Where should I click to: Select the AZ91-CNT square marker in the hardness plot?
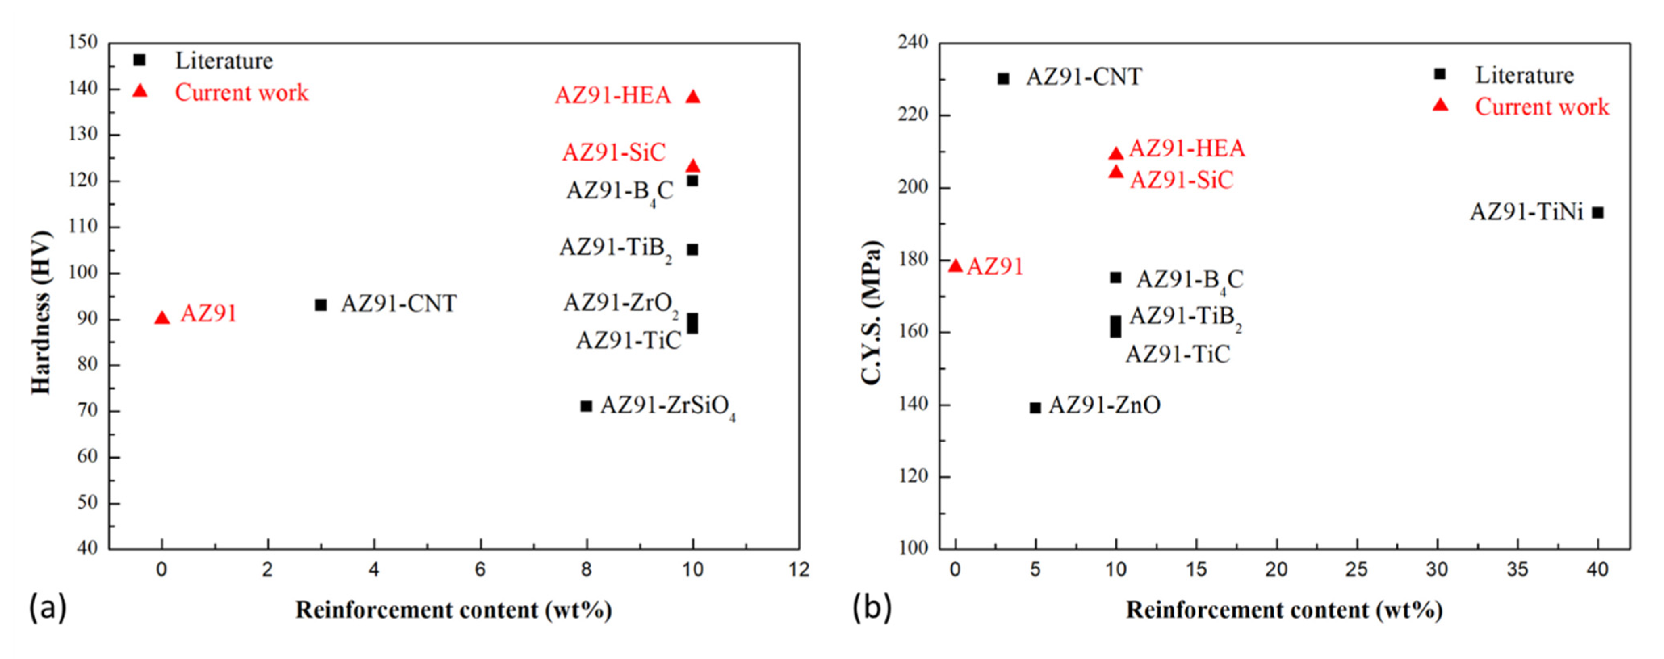(321, 304)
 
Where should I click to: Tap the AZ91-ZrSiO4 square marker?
(586, 406)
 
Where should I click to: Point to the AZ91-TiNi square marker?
(1597, 213)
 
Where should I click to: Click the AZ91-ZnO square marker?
(1035, 407)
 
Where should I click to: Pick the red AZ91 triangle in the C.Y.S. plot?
(956, 266)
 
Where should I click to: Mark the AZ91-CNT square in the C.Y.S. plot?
(1003, 79)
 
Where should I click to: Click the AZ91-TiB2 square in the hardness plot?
(692, 249)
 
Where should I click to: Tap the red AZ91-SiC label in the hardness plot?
(613, 152)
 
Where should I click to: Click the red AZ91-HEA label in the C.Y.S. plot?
(1186, 148)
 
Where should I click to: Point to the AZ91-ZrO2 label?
(620, 303)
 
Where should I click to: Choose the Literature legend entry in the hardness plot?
(224, 60)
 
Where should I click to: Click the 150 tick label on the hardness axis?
(83, 43)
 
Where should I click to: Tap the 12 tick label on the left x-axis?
(799, 569)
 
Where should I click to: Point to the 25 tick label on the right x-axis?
(1356, 569)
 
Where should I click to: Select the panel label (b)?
(872, 608)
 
